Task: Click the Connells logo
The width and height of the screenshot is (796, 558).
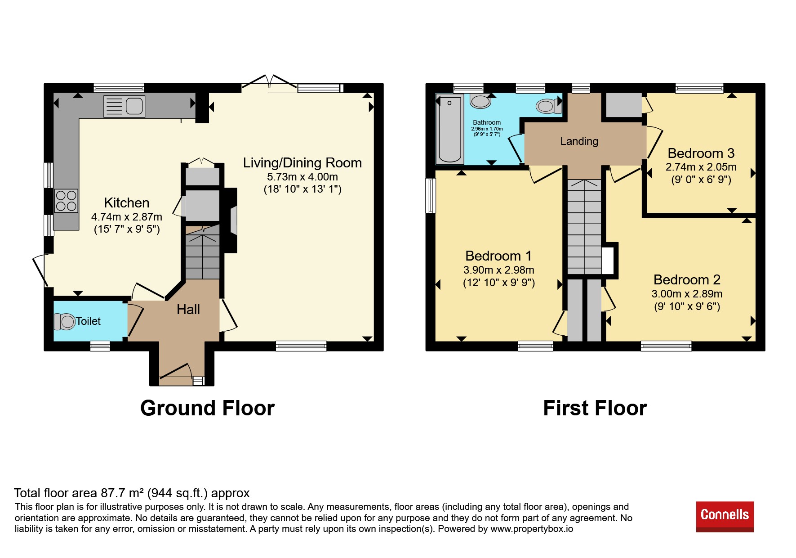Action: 725,516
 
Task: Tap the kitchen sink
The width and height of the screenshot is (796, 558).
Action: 124,106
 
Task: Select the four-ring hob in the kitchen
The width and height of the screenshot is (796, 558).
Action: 66,201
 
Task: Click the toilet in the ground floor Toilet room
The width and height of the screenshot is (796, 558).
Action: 64,321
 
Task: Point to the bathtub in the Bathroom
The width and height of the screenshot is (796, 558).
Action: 449,129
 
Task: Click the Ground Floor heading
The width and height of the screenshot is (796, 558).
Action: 207,408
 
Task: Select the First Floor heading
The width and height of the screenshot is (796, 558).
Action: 595,408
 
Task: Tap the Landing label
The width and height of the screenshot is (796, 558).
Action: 579,141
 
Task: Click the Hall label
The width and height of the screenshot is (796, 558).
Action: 188,309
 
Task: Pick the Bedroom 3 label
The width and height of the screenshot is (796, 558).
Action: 701,153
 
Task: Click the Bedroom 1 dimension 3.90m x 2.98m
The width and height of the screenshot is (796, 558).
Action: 498,270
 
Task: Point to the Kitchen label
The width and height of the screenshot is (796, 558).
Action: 126,202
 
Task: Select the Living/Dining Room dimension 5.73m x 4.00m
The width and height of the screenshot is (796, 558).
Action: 302,177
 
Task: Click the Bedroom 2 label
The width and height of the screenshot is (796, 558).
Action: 687,279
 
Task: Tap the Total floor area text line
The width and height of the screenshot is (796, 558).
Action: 132,493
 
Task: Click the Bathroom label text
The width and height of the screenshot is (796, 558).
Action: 487,122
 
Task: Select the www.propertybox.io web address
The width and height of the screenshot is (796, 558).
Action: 532,529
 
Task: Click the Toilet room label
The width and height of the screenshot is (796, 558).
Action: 88,321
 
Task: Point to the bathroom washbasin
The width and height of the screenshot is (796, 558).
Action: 480,101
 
